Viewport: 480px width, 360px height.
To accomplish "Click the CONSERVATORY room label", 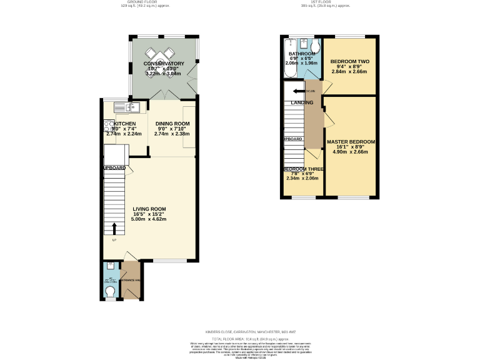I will tap(164, 64).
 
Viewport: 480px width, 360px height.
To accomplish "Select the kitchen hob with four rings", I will tap(107, 127).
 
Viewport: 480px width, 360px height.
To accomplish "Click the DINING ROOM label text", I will tap(172, 124).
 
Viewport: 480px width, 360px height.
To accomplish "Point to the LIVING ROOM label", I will tap(149, 209).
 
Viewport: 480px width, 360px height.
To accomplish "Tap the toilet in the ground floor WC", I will tap(111, 291).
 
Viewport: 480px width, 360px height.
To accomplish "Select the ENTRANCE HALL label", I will tap(131, 281).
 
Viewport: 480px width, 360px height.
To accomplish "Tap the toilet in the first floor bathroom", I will tap(315, 47).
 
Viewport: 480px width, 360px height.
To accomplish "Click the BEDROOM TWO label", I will tap(349, 61).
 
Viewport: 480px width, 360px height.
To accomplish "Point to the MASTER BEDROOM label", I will tap(351, 142).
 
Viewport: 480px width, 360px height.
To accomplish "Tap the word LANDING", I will tap(302, 102).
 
